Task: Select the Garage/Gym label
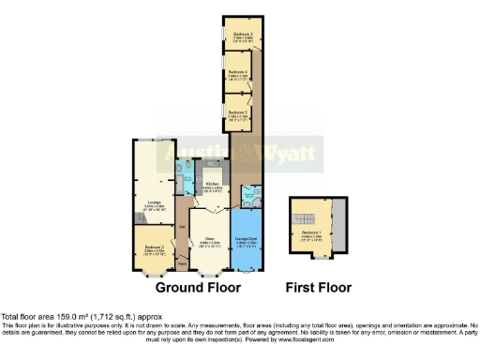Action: (x=247, y=239)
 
